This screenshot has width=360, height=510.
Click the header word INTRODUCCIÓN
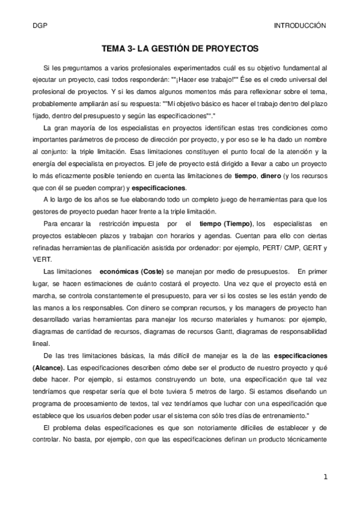299,26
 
